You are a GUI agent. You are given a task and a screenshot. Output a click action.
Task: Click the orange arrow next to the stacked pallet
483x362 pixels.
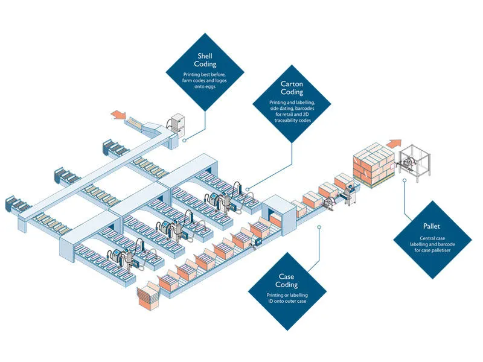[x=394, y=144]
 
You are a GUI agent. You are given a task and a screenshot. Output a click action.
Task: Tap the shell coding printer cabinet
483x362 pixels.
[x=178, y=127]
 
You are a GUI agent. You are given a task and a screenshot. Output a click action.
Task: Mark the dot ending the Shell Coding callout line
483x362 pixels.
[x=184, y=139]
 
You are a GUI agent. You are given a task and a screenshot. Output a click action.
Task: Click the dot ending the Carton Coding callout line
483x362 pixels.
[x=248, y=188]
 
